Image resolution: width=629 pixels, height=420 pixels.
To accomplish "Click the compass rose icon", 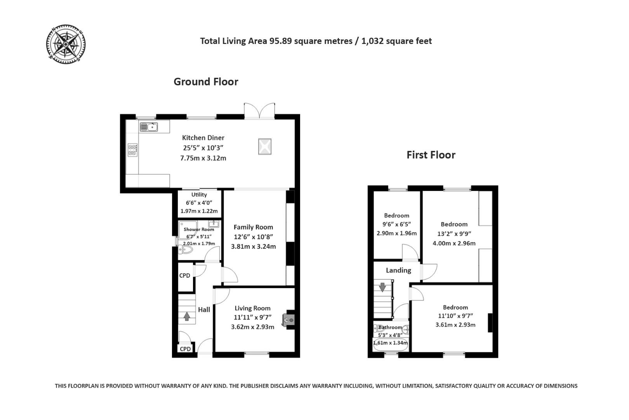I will pyautogui.click(x=66, y=44).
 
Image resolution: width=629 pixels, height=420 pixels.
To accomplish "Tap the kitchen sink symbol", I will pyautogui.click(x=148, y=127).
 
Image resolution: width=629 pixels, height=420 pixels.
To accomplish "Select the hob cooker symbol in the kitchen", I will pyautogui.click(x=133, y=150).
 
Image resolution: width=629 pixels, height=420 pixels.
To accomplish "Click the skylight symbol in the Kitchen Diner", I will pyautogui.click(x=264, y=147).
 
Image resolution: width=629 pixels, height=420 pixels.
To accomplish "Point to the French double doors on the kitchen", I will pyautogui.click(x=259, y=110).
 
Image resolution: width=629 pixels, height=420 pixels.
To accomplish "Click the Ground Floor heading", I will pyautogui.click(x=206, y=82).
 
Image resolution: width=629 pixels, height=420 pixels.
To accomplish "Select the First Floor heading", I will pyautogui.click(x=431, y=155).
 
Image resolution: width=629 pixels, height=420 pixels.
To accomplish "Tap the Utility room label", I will pyautogui.click(x=199, y=194).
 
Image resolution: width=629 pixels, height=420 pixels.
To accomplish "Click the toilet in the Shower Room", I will pyautogui.click(x=186, y=250).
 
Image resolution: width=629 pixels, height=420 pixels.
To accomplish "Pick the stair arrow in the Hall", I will pyautogui.click(x=187, y=316).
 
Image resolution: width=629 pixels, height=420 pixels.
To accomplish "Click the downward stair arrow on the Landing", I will pyautogui.click(x=382, y=287).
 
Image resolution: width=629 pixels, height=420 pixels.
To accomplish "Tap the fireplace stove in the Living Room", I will pyautogui.click(x=289, y=320).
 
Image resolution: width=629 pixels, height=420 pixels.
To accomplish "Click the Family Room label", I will pyautogui.click(x=253, y=227).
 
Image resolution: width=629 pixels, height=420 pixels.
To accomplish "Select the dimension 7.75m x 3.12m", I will pyautogui.click(x=203, y=158).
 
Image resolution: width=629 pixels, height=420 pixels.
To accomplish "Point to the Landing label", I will pyautogui.click(x=398, y=270).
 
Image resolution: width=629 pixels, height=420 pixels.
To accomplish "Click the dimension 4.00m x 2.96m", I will pyautogui.click(x=454, y=243).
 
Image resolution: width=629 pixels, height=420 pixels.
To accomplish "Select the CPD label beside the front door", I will pyautogui.click(x=185, y=349).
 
